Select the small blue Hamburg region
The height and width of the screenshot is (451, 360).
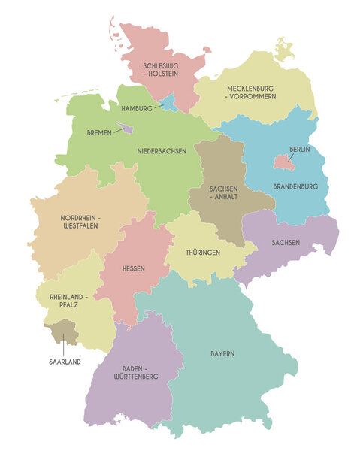tap(170, 102)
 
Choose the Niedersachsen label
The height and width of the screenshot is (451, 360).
tap(162, 151)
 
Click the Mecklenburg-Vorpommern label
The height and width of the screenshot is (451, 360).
tap(251, 92)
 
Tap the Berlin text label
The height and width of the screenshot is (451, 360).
tap(299, 150)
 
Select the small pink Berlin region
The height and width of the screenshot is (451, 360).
tap(281, 160)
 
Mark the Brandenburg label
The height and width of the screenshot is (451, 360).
tap(295, 186)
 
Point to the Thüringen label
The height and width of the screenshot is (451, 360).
tap(203, 253)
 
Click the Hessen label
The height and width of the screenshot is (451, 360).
tap(134, 268)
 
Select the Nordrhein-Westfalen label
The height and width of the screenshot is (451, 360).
tap(80, 222)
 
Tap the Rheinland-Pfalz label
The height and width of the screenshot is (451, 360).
tap(65, 301)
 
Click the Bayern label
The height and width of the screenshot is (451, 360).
tap(222, 353)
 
